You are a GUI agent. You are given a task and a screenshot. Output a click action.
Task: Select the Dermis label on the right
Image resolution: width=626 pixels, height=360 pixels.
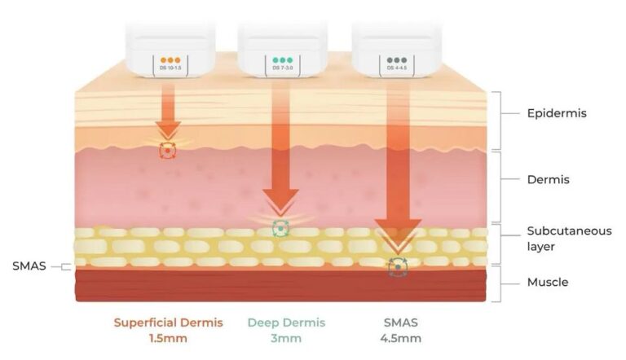click(547, 178)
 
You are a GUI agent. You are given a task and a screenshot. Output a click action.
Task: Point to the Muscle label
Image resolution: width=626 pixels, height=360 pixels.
click(548, 283)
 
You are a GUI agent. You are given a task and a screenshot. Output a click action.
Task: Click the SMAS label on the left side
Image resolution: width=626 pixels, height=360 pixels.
click(28, 266)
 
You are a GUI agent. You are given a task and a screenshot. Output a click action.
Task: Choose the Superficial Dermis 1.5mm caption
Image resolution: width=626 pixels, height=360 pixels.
click(169, 330)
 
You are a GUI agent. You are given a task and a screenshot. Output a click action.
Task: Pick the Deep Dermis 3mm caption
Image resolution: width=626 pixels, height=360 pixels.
click(286, 330)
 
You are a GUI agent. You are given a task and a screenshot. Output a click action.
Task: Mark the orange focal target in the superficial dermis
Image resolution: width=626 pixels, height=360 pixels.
click(169, 151)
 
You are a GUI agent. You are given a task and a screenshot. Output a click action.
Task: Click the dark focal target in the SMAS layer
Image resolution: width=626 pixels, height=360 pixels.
click(397, 265)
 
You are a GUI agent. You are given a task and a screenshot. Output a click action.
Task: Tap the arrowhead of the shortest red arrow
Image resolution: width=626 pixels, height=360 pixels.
click(169, 130)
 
